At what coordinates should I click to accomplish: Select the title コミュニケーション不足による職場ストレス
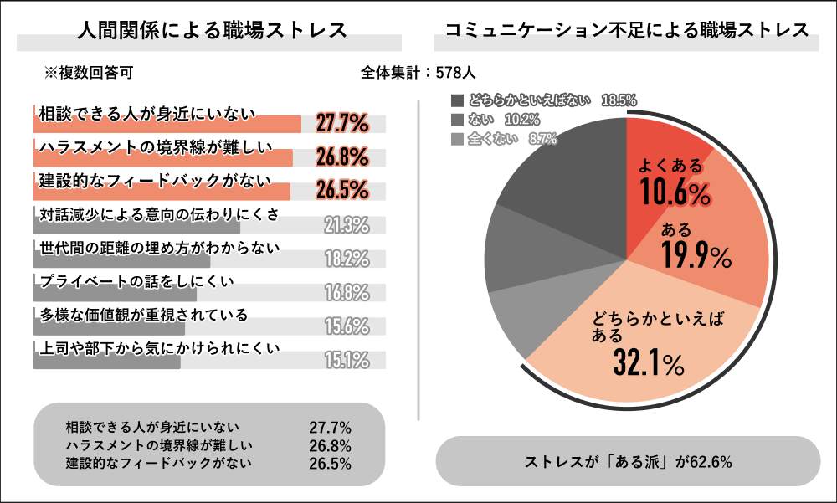coord(626,31)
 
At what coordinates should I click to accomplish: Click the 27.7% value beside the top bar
coord(342,124)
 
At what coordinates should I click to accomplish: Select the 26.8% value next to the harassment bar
coord(342,157)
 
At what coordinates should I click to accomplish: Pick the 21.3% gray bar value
coord(346,224)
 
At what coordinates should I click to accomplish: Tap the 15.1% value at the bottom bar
coord(346,360)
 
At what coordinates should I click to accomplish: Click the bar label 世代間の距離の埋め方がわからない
coord(159,248)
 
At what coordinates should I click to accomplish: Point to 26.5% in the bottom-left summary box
coord(330,463)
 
